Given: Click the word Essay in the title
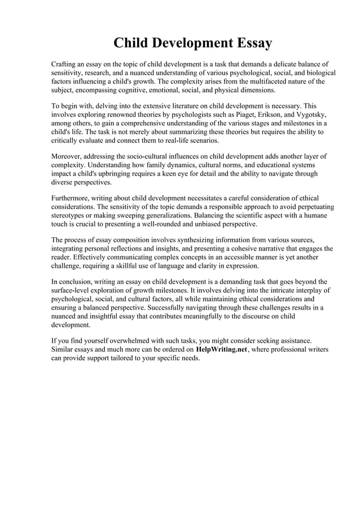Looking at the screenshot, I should [x=250, y=43].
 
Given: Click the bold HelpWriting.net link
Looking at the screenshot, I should [x=222, y=350].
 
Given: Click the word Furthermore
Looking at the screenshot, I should [x=71, y=198].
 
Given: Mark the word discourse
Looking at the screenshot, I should [x=254, y=317].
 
